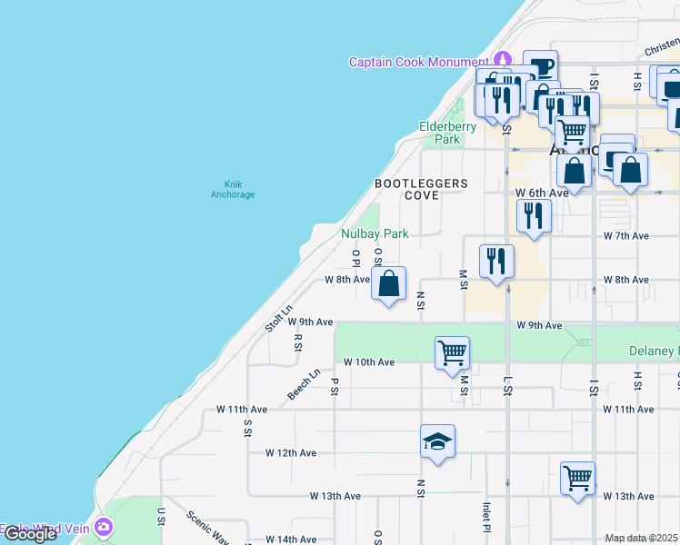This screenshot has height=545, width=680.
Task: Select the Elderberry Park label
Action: click(x=446, y=133)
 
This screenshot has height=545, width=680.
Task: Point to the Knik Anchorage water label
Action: click(x=233, y=189)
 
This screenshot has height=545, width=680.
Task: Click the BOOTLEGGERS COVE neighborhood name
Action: click(x=422, y=189)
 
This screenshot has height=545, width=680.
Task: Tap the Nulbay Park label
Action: click(x=375, y=233)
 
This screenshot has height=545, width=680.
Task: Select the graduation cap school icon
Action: click(x=437, y=442)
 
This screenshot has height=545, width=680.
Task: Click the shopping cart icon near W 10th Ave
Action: click(x=452, y=352)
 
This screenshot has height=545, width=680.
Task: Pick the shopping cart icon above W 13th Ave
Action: click(x=578, y=477)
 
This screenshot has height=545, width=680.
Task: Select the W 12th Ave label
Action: click(x=291, y=452)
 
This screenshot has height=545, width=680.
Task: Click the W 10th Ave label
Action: click(x=368, y=362)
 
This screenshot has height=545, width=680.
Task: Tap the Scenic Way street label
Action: click(x=207, y=526)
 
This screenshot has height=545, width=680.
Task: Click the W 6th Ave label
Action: click(x=542, y=193)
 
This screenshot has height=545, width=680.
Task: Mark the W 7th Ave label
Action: click(x=625, y=235)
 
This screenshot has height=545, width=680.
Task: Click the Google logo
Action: click(x=31, y=534)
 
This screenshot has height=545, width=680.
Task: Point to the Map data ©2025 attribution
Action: click(x=641, y=538)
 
